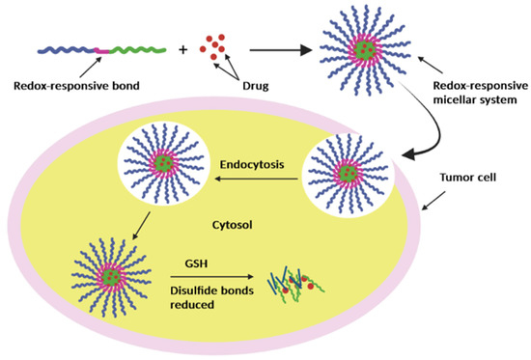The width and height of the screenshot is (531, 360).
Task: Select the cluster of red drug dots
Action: (x=214, y=43)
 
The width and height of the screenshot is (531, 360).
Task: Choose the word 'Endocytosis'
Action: (x=252, y=165)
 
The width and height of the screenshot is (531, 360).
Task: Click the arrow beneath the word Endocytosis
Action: (x=253, y=179)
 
